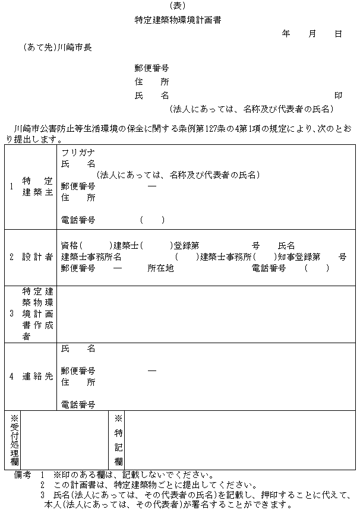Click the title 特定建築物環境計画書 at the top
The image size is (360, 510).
(178, 20)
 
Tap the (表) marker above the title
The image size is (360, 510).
(178, 6)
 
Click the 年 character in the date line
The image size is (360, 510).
(286, 34)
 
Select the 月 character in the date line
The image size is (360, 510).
(312, 34)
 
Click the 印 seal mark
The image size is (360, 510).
(338, 95)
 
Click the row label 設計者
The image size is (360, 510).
(38, 256)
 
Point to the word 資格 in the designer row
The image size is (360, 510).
(70, 245)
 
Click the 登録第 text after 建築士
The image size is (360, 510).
(186, 245)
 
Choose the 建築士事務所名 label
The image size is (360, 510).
(91, 256)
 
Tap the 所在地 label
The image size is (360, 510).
(160, 268)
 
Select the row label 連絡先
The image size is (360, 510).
(38, 376)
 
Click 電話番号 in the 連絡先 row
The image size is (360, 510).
(78, 404)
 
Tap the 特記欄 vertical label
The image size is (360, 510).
(118, 439)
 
